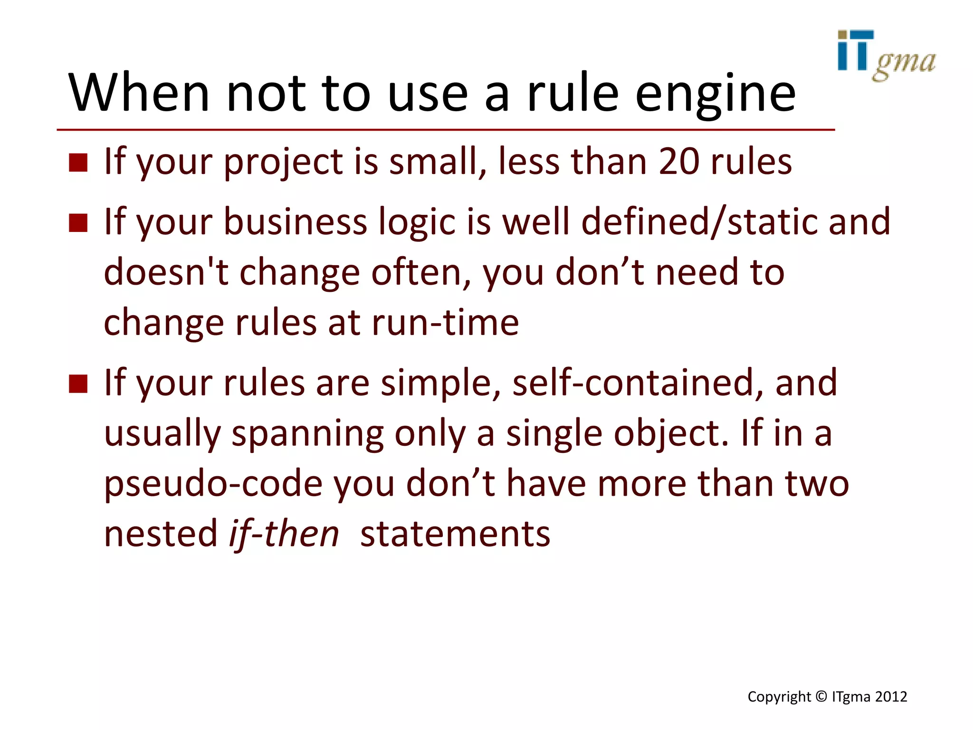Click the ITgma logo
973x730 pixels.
tap(886, 55)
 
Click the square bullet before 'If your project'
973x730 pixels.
tap(78, 163)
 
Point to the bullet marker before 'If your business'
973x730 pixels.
tap(78, 222)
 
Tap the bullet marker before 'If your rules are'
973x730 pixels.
tap(78, 384)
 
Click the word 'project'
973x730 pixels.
tap(283, 163)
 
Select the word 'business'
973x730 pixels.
tap(295, 222)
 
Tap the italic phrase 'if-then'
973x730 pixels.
tap(284, 534)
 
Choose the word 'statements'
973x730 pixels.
tap(455, 534)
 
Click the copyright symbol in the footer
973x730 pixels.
tap(821, 697)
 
